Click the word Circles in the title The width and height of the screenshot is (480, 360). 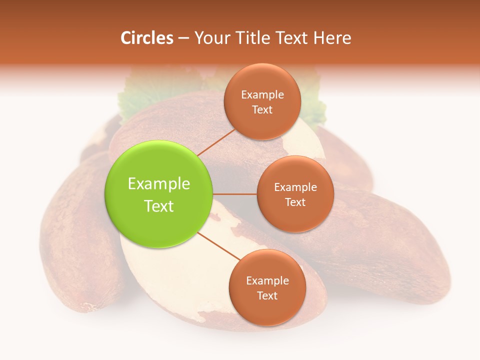146,38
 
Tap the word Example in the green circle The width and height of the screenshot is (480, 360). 159,184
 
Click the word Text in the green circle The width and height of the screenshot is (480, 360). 159,206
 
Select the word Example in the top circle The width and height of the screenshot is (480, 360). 262,95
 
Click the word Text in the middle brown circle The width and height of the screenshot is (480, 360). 295,202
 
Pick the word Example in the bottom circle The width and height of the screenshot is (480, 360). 267,281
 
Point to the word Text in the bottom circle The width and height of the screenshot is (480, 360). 267,295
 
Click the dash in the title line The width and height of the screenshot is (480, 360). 183,38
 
